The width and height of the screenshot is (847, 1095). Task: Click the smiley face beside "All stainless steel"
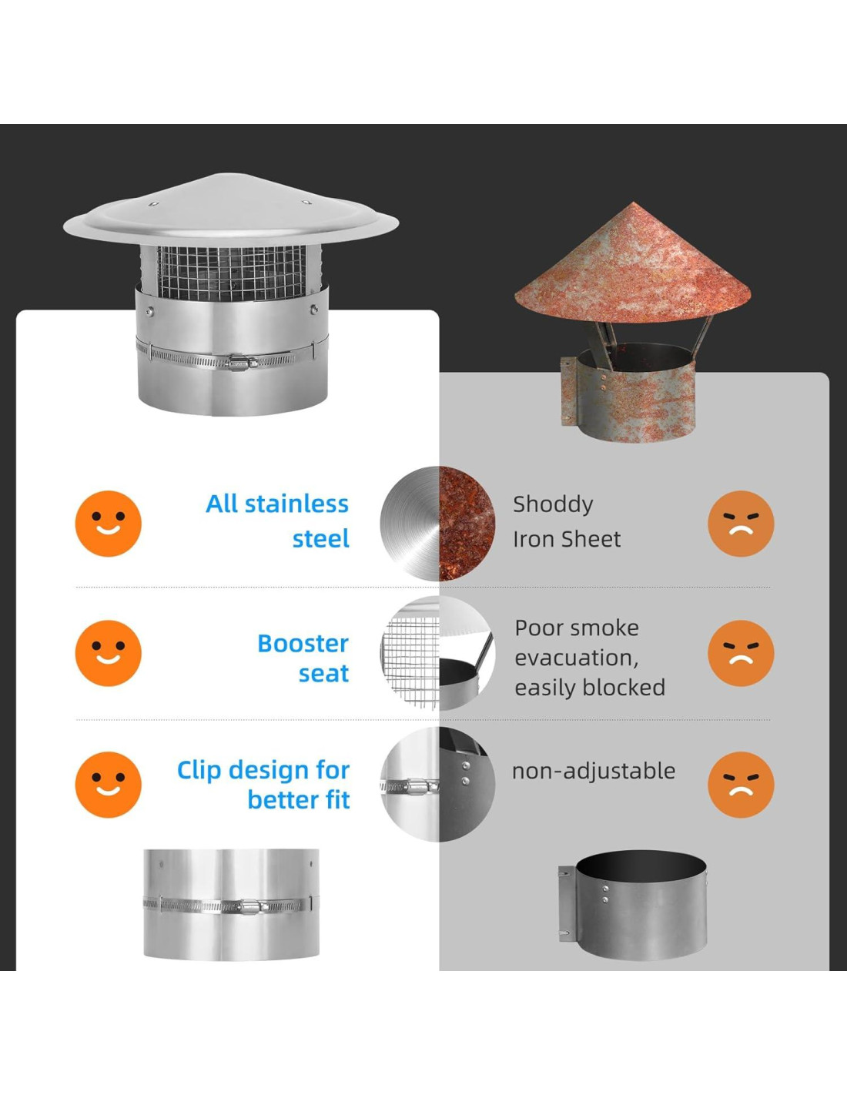click(x=108, y=524)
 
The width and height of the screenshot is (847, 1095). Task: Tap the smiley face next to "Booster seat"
click(x=108, y=653)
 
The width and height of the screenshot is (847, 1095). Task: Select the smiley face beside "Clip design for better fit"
click(x=108, y=784)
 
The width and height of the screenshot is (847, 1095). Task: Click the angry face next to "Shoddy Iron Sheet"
click(x=741, y=524)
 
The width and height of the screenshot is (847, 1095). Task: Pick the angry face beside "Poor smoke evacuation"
click(x=741, y=653)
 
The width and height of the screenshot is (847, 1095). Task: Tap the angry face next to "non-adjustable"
click(x=741, y=784)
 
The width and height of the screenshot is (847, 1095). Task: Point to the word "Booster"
click(x=303, y=643)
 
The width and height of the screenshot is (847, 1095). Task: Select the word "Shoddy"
click(x=553, y=504)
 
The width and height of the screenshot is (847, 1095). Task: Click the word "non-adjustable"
click(x=594, y=771)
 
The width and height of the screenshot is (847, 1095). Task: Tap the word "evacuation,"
click(x=577, y=658)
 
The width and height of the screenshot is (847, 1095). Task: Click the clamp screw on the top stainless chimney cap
click(x=239, y=361)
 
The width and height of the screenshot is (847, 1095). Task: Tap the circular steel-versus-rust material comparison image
click(x=437, y=524)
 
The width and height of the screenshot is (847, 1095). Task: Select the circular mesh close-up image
click(x=437, y=653)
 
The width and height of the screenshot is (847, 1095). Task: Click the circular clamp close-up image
click(x=437, y=784)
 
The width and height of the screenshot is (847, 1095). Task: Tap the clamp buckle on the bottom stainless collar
click(x=249, y=907)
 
